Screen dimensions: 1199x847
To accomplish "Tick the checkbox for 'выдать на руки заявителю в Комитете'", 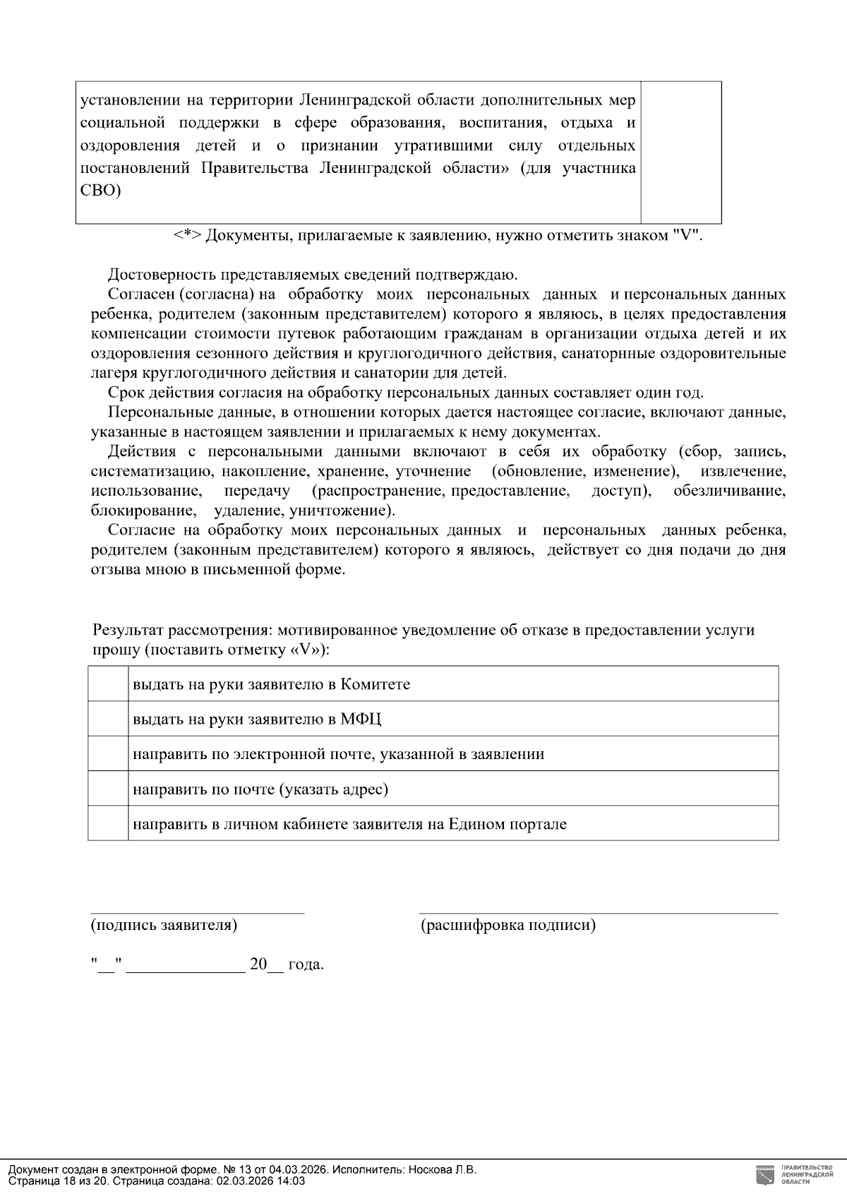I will [108, 684].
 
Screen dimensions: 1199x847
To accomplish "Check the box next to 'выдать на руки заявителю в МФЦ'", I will [108, 719].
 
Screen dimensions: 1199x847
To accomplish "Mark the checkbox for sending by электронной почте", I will [108, 753].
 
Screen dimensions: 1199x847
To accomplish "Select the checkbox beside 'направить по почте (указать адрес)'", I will [108, 789].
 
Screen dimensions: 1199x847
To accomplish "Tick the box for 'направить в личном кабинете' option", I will [108, 823].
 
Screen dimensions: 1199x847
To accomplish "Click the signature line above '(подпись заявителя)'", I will [197, 912].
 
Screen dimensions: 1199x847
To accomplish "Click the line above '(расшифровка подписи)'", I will [599, 912].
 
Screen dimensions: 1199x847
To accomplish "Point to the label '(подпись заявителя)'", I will [164, 925].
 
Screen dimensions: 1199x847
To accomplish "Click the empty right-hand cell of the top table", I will [680, 153].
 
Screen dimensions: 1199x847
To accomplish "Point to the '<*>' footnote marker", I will [188, 235].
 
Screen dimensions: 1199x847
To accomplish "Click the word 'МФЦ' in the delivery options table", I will [361, 720].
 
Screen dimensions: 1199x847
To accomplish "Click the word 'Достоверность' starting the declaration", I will [155, 275].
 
